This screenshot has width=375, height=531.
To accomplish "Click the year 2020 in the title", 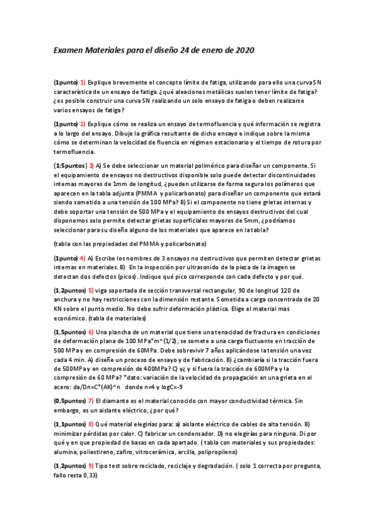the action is pos(244,50).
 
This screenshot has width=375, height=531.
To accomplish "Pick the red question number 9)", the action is pos(91,466).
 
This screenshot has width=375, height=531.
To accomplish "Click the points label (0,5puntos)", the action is pos(69,400).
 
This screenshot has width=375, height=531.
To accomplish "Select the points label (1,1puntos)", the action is pos(69,424).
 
